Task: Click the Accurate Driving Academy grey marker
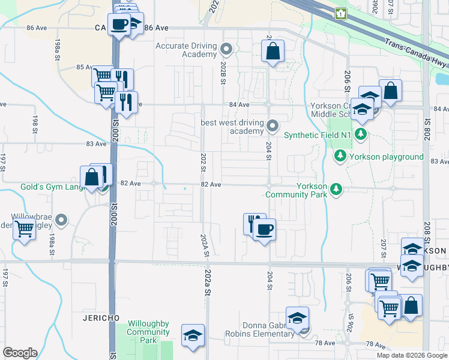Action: [226, 49]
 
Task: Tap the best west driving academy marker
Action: [273, 125]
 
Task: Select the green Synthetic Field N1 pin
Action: [360, 134]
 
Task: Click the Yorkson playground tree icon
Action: [340, 157]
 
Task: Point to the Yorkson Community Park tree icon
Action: [336, 190]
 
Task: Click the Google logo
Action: [20, 353]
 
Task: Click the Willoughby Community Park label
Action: [148, 332]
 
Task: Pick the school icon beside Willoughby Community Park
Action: [193, 335]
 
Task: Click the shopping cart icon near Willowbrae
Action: [24, 228]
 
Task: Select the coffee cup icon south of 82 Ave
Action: [264, 228]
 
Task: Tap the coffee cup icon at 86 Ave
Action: [119, 24]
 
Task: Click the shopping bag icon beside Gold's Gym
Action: [91, 177]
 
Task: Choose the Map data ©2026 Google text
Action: [411, 355]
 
